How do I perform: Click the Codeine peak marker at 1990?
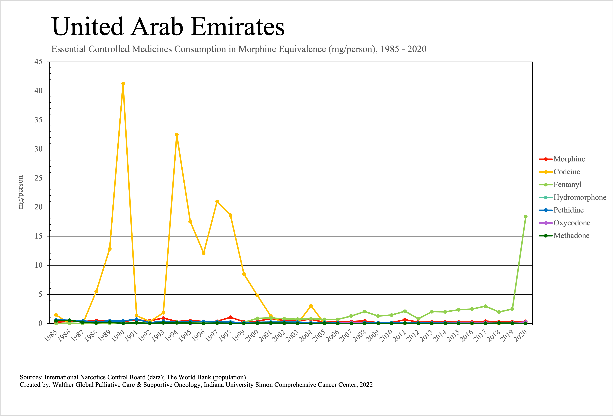coord(123,84)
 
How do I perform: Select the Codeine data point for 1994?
coord(177,135)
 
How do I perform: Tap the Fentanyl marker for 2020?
coord(526,217)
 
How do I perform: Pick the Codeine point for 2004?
coord(311,306)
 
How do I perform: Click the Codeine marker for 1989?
coord(110,249)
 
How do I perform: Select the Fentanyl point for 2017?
coord(485,306)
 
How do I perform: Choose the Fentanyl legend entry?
coord(567,185)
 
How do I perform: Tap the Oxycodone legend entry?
coord(572,223)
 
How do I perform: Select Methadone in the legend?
coord(571,236)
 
